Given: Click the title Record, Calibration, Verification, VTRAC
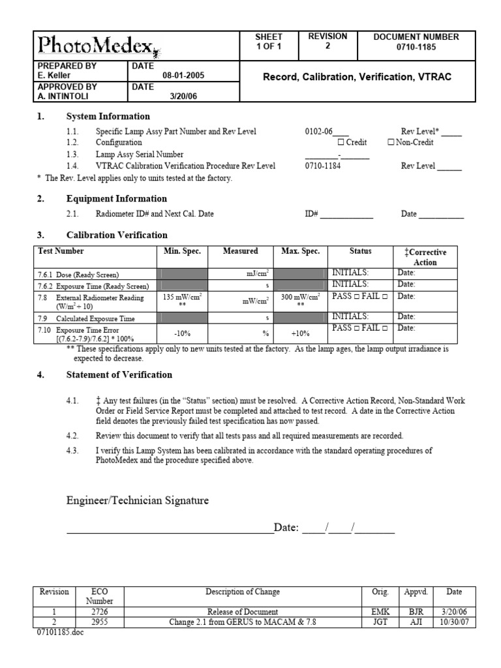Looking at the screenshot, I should tap(356, 77).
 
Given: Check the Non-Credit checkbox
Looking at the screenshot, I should tap(390, 142).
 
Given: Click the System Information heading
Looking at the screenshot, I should tap(108, 117).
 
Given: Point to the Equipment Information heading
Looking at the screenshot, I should tap(117, 199).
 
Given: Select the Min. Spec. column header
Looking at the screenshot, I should tap(183, 251).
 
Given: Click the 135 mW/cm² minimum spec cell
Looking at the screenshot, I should tap(183, 299).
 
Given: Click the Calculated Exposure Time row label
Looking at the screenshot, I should tap(95, 318).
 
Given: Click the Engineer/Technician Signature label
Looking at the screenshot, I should tap(138, 500).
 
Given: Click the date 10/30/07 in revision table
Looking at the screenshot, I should tap(455, 622).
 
